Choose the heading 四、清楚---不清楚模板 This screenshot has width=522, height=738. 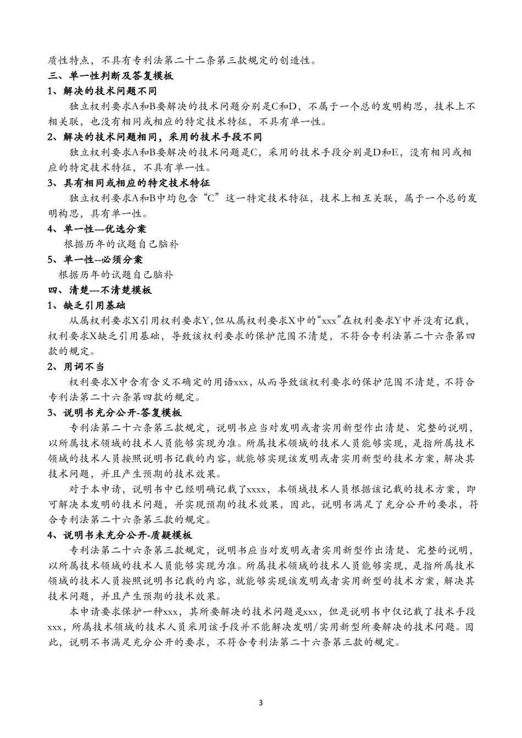101,290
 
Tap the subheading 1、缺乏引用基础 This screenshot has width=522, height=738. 88,305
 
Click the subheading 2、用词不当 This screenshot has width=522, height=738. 76,366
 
